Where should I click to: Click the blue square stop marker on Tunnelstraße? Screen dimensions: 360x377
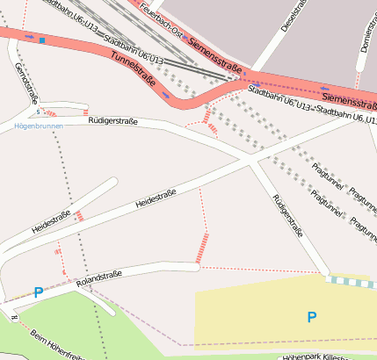[41, 40]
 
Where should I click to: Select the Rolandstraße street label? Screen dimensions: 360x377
[98, 280]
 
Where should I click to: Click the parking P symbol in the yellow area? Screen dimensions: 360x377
[312, 316]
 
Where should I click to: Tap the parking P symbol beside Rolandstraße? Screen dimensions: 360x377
[38, 293]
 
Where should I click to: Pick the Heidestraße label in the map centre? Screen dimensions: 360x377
[156, 198]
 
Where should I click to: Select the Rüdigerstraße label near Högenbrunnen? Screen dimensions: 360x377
[114, 123]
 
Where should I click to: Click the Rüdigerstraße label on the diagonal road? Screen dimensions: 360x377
[287, 216]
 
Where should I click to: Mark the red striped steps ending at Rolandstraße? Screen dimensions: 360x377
[202, 248]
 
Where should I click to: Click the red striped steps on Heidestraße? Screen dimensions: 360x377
[79, 215]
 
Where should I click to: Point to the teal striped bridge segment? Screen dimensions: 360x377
[351, 282]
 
